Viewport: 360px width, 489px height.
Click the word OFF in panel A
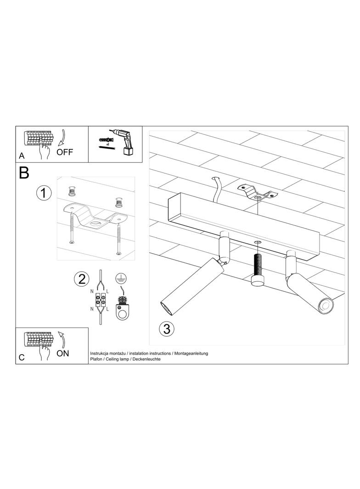[65, 152]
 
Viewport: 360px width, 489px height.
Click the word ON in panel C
[63, 353]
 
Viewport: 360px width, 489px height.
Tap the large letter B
[24, 172]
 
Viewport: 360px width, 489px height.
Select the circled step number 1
[44, 193]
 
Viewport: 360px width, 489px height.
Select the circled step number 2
[81, 278]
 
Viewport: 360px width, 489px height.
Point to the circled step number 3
[167, 329]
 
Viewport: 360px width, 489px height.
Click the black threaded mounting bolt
[258, 266]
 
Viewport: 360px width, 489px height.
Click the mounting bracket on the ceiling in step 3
[258, 192]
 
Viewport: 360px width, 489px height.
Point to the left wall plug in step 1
[72, 191]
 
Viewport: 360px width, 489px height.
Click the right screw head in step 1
[118, 253]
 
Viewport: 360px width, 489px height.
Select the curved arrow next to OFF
[62, 138]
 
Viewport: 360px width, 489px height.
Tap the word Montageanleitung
[191, 353]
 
